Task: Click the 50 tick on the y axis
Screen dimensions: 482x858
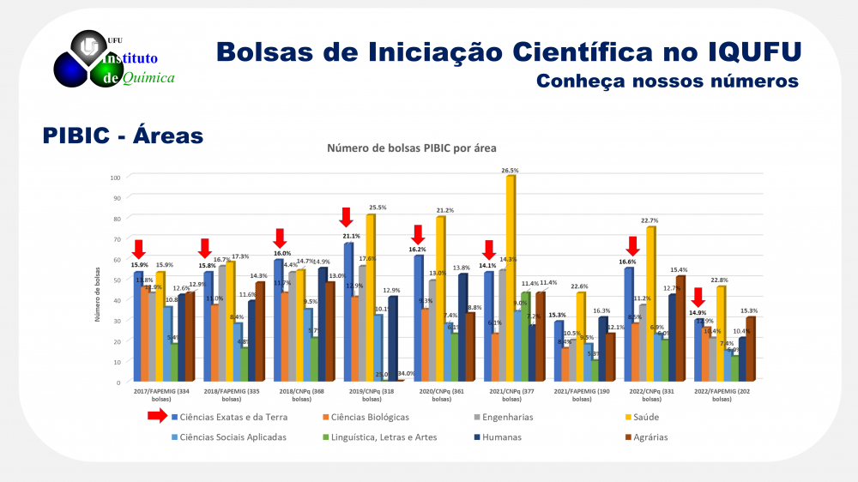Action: tap(116, 280)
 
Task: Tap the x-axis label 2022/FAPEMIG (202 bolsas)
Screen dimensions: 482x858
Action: tap(722, 395)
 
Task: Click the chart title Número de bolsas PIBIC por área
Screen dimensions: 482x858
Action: tap(412, 148)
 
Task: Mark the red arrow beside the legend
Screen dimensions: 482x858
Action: tap(157, 417)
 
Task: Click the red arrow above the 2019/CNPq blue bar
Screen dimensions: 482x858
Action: tap(346, 217)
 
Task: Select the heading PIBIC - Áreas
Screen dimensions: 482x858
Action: tap(123, 136)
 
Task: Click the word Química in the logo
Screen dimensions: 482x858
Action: tap(148, 78)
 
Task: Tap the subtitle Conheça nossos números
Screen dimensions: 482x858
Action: tap(667, 81)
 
